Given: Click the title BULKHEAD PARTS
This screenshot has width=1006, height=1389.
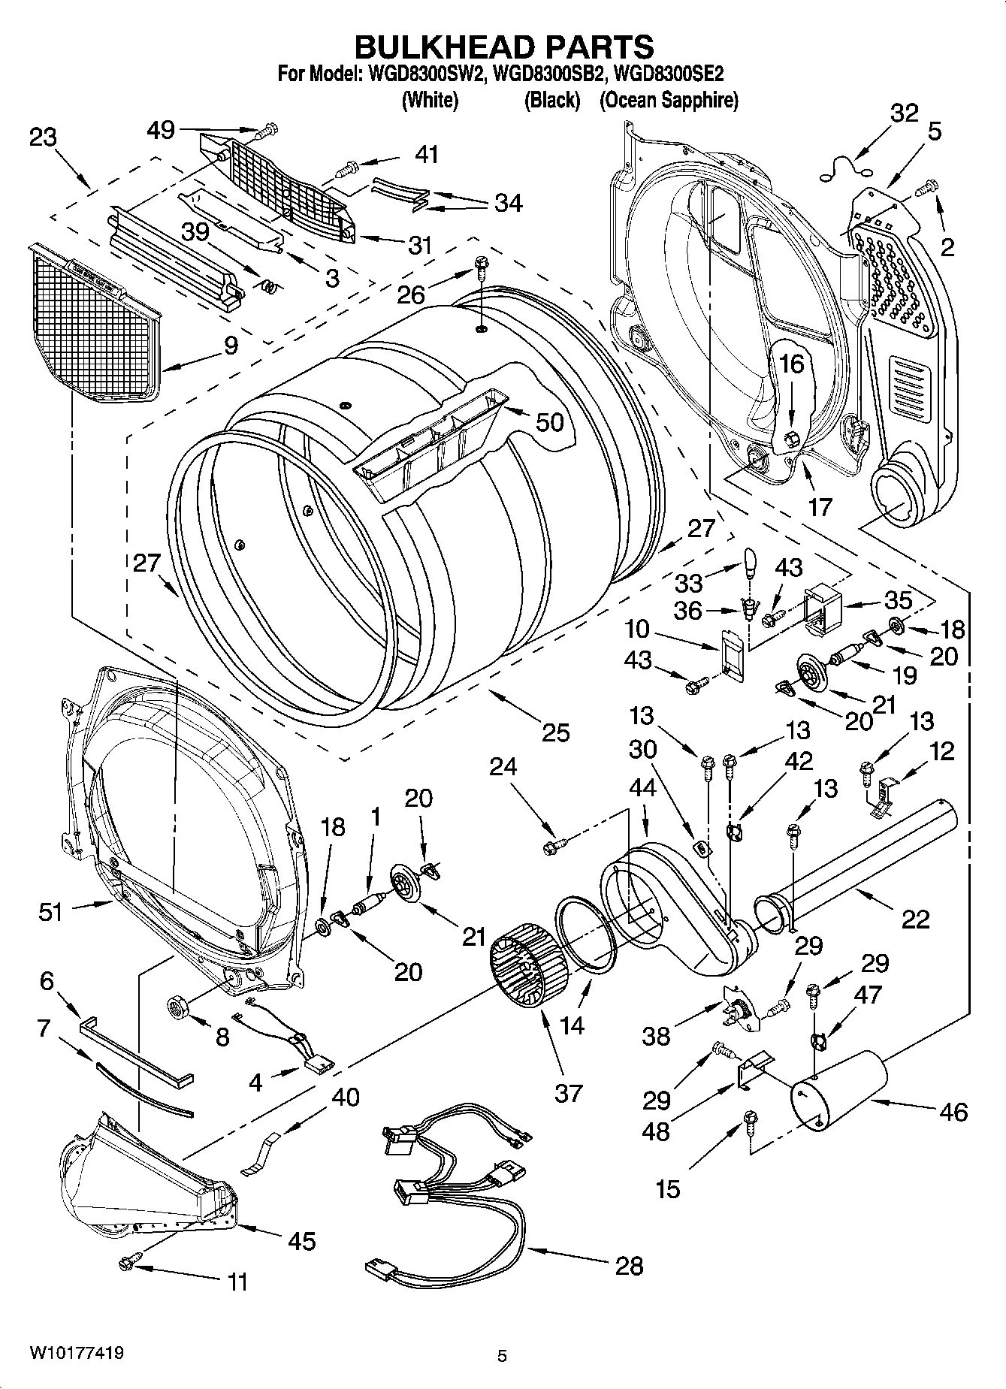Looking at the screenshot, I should pos(503,47).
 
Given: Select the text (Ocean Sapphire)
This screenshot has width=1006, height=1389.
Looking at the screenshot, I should pos(668,100).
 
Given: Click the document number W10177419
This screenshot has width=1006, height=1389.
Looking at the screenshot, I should pos(77,1352).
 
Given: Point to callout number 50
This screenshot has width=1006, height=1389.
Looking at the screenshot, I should pos(549,422).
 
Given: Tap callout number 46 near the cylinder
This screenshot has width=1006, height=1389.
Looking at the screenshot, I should pos(953,1111).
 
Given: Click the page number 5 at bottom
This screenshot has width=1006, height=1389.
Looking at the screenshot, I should pos(503,1356).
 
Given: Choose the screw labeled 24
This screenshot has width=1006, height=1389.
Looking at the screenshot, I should pos(554,847).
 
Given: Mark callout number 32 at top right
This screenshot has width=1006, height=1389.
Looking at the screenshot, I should pos(904,113).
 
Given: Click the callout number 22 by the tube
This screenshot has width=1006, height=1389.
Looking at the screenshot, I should pos(915,919).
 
